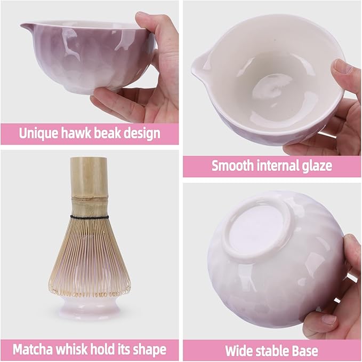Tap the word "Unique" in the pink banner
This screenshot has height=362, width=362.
point(38,133)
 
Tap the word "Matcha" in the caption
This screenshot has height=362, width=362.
point(33,349)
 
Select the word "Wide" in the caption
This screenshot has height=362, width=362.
point(238,351)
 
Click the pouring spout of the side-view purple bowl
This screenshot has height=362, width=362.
point(26,27)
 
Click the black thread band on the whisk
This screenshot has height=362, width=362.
point(90,217)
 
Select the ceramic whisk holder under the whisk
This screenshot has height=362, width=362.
point(89,306)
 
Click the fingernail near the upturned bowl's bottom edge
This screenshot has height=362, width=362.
point(329,319)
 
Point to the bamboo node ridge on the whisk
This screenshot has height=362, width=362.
point(90,198)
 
